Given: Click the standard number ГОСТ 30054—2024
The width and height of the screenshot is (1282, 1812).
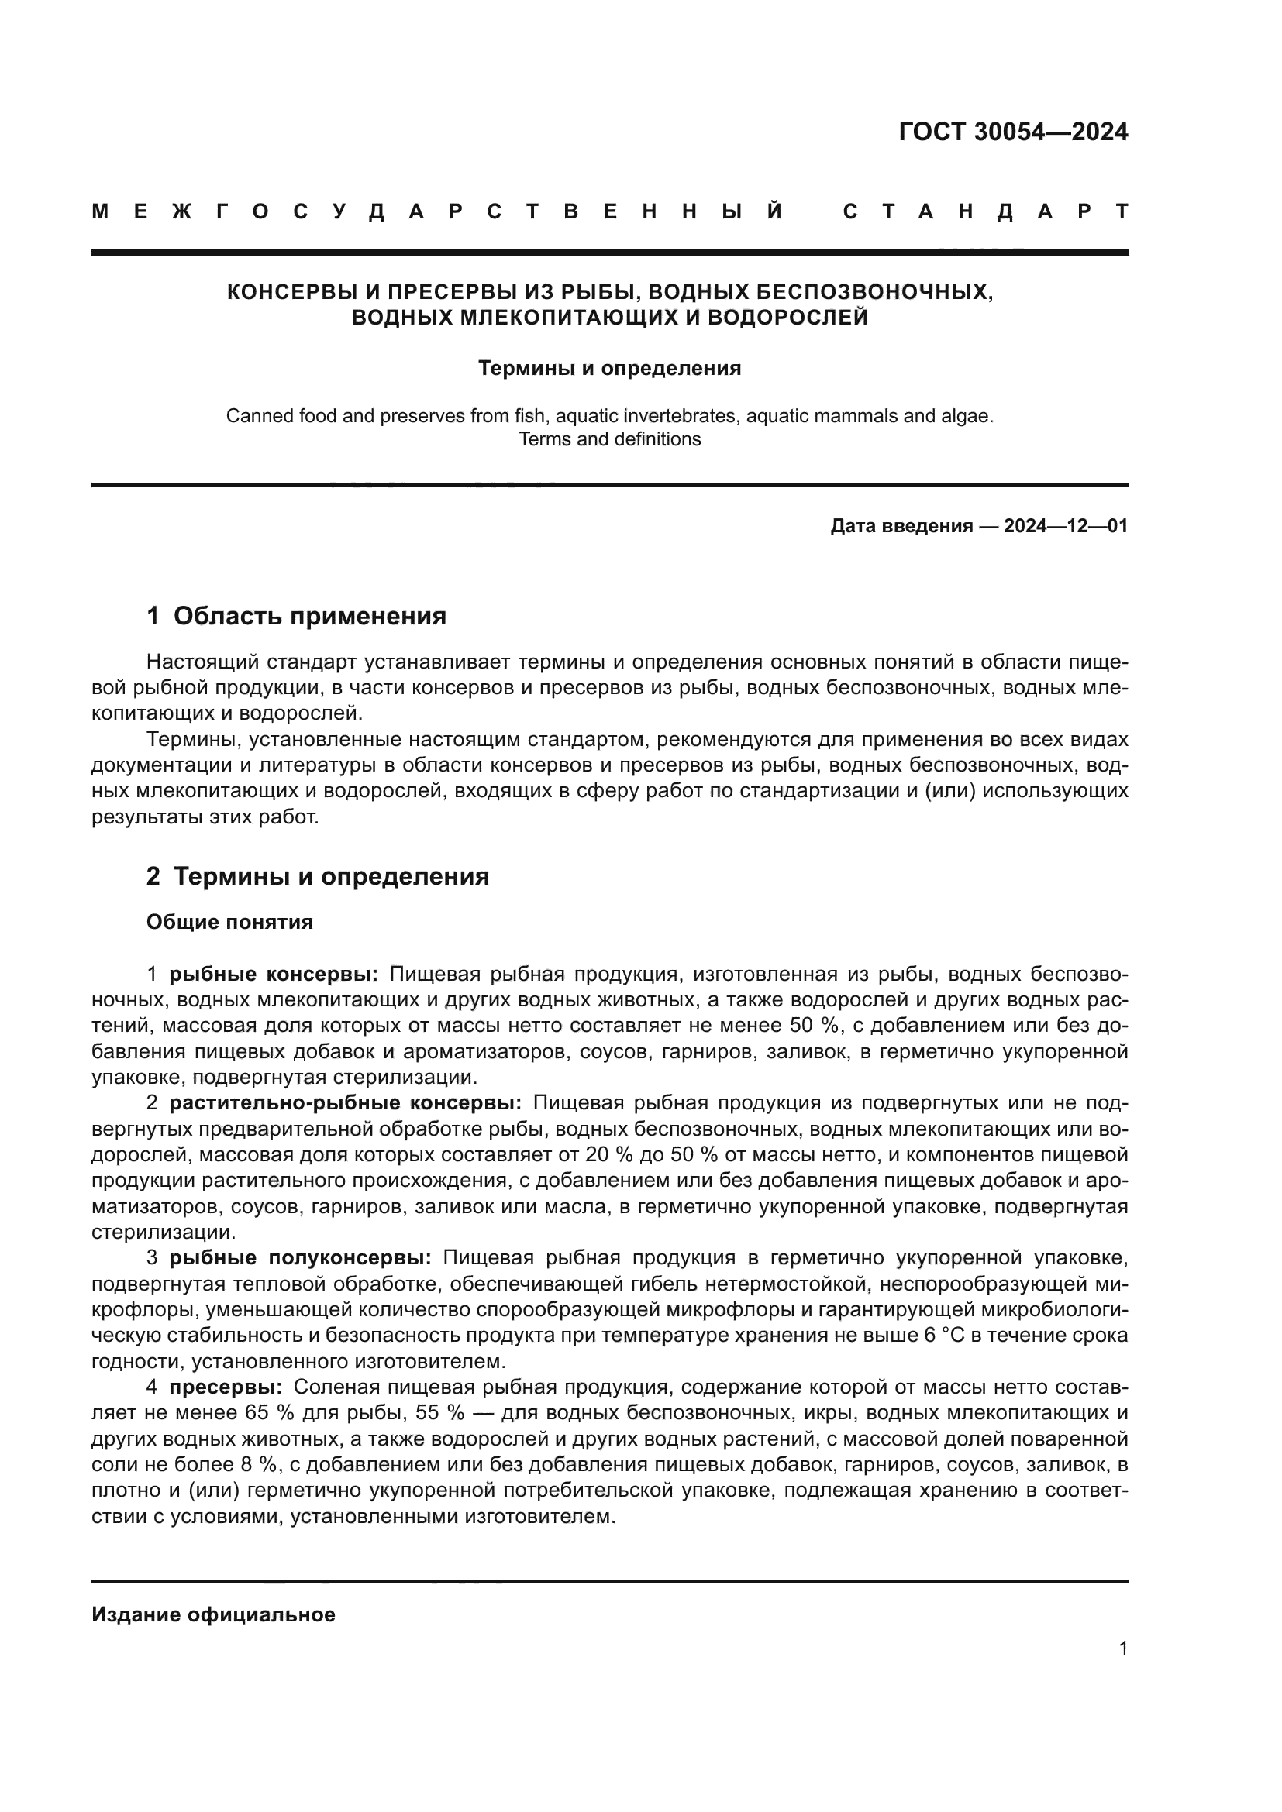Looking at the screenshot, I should click(x=1013, y=132).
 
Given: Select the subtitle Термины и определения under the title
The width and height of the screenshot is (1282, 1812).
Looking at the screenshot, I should click(x=609, y=369).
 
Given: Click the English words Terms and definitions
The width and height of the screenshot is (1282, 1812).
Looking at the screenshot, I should click(x=609, y=438).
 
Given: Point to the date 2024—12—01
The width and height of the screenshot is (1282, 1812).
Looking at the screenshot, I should click(x=1066, y=526).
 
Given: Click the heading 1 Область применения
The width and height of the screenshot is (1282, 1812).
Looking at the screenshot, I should click(x=296, y=617).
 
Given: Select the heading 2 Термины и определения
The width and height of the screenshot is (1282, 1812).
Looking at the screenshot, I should click(x=317, y=877).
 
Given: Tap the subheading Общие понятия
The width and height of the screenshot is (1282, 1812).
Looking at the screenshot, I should click(x=229, y=923).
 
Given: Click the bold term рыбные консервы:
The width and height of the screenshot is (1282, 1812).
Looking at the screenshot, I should click(x=274, y=975).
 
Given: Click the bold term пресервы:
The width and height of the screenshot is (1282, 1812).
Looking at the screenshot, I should click(x=226, y=1387).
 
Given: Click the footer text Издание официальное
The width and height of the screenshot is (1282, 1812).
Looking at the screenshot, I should click(x=213, y=1614).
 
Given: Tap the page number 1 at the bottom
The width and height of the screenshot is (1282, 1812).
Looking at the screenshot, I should click(x=1122, y=1649).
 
